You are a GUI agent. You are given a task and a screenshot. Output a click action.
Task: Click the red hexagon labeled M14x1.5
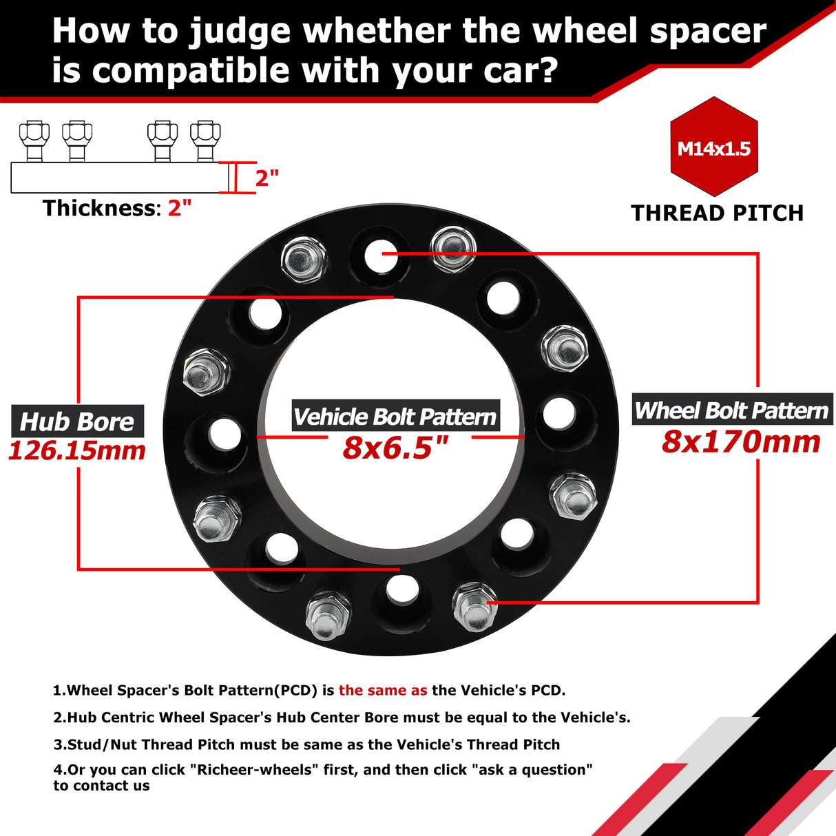tap(714, 147)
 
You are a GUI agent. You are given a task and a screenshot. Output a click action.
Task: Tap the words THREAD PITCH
tap(717, 213)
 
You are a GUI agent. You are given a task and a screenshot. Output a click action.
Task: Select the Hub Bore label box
tap(77, 421)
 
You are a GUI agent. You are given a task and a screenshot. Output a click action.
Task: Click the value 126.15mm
tap(77, 451)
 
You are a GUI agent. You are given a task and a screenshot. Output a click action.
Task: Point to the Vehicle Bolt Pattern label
tap(395, 417)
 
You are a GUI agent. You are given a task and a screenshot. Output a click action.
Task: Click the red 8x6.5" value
tap(395, 448)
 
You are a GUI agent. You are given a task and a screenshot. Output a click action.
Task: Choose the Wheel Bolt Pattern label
tap(731, 410)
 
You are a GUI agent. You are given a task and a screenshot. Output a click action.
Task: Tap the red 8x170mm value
tap(741, 441)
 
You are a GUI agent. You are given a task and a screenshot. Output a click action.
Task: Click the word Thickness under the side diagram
tap(99, 208)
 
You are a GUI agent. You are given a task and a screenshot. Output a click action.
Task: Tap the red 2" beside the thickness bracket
tap(267, 178)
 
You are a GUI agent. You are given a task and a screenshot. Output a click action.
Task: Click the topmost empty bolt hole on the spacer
tap(377, 255)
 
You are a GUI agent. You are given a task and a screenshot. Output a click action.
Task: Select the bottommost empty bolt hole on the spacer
tap(402, 589)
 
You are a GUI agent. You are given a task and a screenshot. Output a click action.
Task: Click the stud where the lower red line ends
tap(474, 605)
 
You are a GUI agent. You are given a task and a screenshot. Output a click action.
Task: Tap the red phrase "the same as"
tap(383, 690)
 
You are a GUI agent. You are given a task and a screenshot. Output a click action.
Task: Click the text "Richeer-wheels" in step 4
tap(253, 769)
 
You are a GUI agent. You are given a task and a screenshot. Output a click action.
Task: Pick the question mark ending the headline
tap(545, 70)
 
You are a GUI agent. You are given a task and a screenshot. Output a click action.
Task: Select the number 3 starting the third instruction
tap(57, 744)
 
